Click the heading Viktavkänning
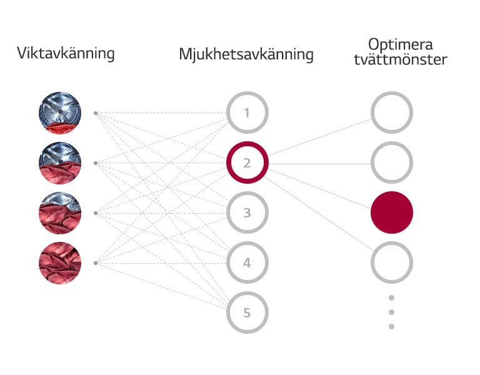[66, 53]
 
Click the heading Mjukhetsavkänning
[246, 54]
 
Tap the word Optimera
[401, 45]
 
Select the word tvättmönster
[401, 59]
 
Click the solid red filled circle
[392, 212]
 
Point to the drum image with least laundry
[60, 113]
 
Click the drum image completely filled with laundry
[60, 263]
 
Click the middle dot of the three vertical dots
[391, 312]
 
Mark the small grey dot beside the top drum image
[96, 113]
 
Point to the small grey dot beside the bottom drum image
[96, 263]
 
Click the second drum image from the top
[60, 163]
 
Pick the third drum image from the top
[60, 213]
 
